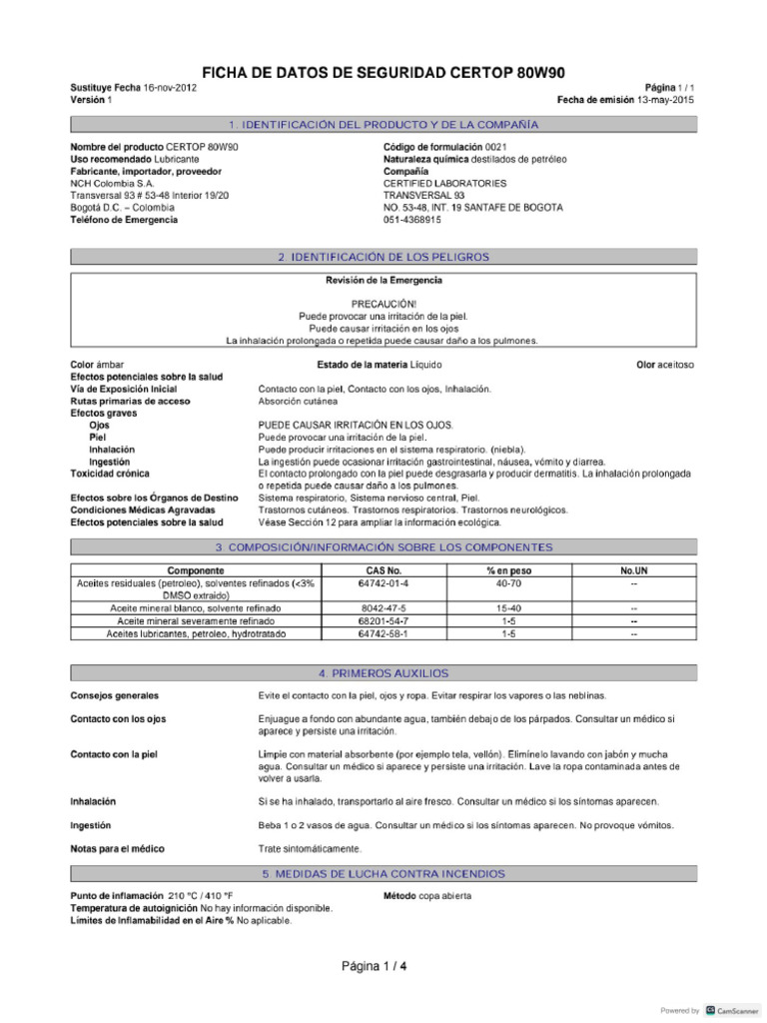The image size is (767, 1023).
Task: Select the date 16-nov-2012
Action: click(170, 88)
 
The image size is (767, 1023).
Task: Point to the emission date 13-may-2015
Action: click(665, 100)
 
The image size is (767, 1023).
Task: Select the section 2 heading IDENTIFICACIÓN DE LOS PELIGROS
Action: click(383, 257)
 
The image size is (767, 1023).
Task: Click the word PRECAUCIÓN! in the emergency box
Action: click(383, 303)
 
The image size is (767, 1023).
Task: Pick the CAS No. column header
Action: click(384, 570)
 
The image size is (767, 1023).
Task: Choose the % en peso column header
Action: click(508, 570)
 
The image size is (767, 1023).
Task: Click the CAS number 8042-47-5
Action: click(384, 607)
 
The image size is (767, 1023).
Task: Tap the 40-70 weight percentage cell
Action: click(508, 582)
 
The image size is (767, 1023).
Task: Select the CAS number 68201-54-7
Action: click(384, 620)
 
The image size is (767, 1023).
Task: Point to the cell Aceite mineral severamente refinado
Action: click(196, 620)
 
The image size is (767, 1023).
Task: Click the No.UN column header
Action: click(634, 570)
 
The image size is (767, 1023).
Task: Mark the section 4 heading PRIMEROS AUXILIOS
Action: click(383, 673)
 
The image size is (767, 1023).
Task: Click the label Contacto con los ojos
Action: click(118, 719)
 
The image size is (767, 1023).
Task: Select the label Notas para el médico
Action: click(117, 849)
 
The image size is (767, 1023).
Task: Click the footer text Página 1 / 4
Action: click(375, 967)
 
